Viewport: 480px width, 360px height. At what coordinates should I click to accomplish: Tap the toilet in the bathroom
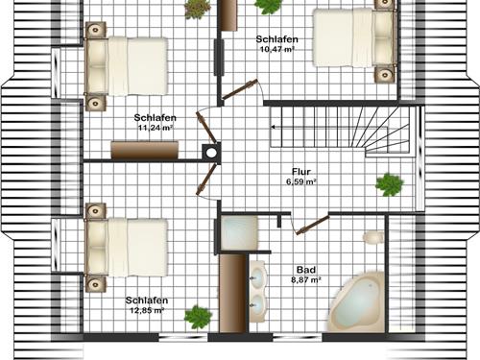point(372,236)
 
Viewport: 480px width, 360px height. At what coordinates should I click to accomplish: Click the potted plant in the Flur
point(389,184)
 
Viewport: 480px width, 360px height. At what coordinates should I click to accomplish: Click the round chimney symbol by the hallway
point(211,150)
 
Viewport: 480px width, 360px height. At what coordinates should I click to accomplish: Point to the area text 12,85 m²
point(146,310)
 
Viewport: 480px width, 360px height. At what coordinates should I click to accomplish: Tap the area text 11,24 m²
point(155,127)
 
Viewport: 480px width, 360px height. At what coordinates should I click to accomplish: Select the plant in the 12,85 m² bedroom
point(198,315)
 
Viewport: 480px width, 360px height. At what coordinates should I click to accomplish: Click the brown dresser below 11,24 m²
point(144,150)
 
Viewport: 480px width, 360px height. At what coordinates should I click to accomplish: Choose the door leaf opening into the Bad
point(311,226)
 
